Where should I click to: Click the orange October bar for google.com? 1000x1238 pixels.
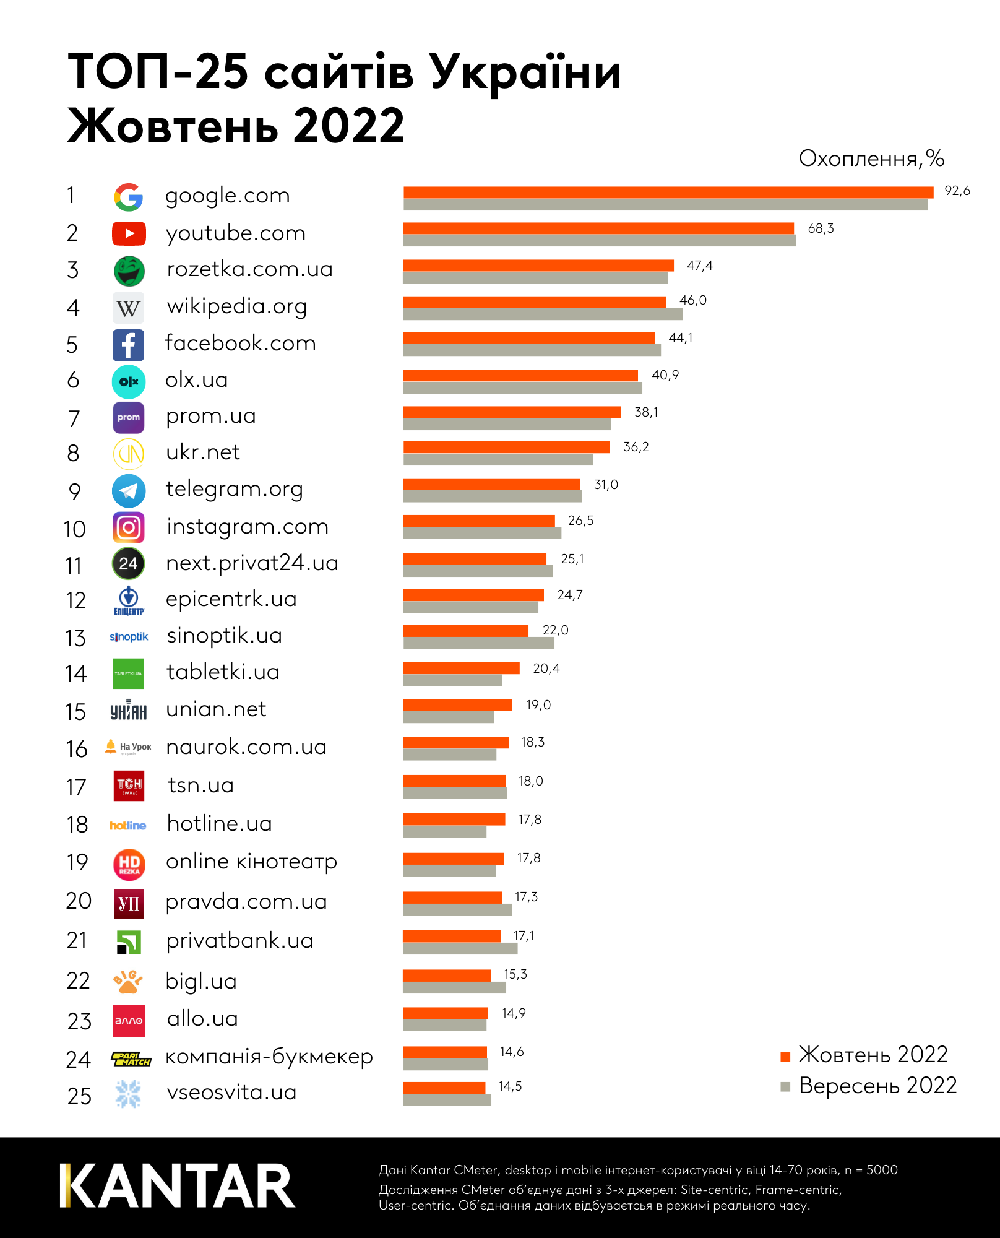[x=668, y=192]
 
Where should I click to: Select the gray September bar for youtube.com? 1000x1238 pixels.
[x=599, y=241]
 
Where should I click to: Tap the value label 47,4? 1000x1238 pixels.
[x=700, y=266]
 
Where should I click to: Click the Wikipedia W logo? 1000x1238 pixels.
[x=128, y=308]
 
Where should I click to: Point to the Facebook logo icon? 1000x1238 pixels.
[x=128, y=345]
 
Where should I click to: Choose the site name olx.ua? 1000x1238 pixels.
[x=197, y=379]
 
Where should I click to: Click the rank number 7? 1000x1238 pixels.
[x=74, y=418]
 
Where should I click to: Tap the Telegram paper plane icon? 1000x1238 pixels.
[x=129, y=491]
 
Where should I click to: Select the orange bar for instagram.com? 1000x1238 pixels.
[x=478, y=521]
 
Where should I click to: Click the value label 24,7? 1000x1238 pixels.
[x=570, y=595]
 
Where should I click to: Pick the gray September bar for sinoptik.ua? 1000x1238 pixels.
[x=478, y=643]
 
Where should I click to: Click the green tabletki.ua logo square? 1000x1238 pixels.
[x=128, y=673]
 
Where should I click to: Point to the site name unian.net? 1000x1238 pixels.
[x=216, y=709]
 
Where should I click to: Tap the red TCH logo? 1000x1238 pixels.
[x=129, y=786]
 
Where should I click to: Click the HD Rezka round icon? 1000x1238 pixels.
[x=129, y=864]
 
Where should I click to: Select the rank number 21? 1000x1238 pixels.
[x=77, y=940]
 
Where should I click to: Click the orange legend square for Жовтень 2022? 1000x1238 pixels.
[x=786, y=1057]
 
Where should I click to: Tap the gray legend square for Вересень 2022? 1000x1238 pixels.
[x=786, y=1087]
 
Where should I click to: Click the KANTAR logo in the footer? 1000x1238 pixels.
[x=178, y=1186]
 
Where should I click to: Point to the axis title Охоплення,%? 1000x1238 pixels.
[x=871, y=158]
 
